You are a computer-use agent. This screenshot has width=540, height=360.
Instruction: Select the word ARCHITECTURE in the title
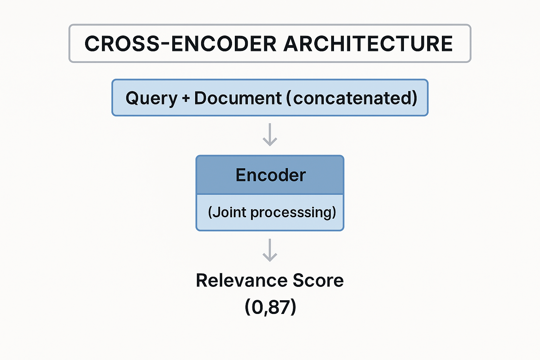point(368,44)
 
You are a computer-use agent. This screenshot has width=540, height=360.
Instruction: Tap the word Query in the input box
point(152,98)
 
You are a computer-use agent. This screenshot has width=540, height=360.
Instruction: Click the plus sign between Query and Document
point(186,98)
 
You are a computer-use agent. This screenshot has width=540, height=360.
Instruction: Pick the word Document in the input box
point(238,98)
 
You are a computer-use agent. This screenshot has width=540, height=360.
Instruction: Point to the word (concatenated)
point(352,98)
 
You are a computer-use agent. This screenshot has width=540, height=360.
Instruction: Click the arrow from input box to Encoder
point(270,134)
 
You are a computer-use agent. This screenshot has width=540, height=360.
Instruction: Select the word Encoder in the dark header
point(270,175)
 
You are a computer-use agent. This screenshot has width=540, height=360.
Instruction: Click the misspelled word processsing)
point(294,213)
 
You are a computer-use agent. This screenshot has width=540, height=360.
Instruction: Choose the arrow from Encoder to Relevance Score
point(270,250)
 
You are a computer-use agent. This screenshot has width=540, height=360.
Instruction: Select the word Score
point(318,281)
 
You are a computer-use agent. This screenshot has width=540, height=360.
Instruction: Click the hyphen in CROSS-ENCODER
point(164,45)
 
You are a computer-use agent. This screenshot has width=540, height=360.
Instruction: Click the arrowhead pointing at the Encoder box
point(270,142)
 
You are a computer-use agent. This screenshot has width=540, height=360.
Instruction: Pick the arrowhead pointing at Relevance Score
point(270,258)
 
